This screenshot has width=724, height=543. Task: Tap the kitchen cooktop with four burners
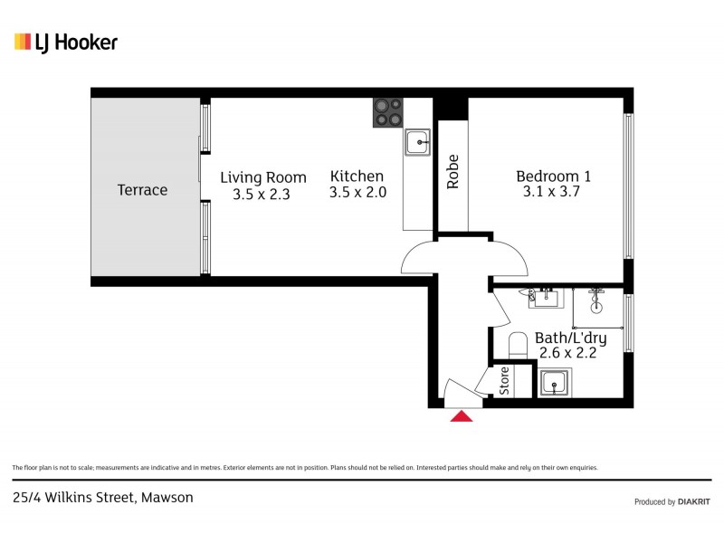pos(388,111)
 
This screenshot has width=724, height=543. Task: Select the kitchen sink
pos(417,142)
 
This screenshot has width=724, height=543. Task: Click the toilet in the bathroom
pos(518,346)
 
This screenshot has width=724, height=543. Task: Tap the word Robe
pos(452,172)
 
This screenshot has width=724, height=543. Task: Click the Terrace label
pos(142,190)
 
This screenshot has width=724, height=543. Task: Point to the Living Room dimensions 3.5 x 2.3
pos(262,194)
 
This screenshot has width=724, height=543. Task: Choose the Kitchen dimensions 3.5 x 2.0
pos(357,193)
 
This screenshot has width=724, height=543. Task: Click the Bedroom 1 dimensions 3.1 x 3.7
pos(551,192)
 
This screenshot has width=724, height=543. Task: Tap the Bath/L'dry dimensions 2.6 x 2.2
pos(570,354)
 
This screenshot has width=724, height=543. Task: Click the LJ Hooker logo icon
pos(23,42)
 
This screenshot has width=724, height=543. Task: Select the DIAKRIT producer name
pos(694,501)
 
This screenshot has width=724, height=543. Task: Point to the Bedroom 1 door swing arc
pos(511,258)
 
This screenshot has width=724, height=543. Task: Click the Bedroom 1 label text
pos(553,176)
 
